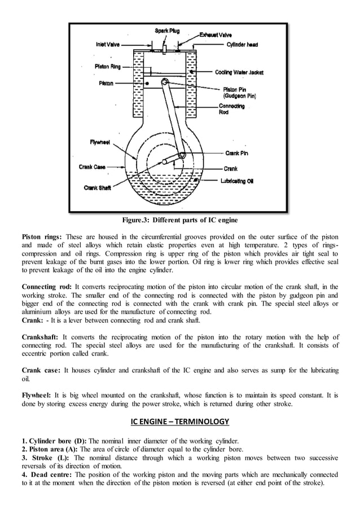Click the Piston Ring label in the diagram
(107, 67)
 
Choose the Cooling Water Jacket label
(239, 72)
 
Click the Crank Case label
(92, 166)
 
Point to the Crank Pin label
(236, 153)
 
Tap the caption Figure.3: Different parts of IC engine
(180, 220)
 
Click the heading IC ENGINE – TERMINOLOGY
(179, 421)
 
